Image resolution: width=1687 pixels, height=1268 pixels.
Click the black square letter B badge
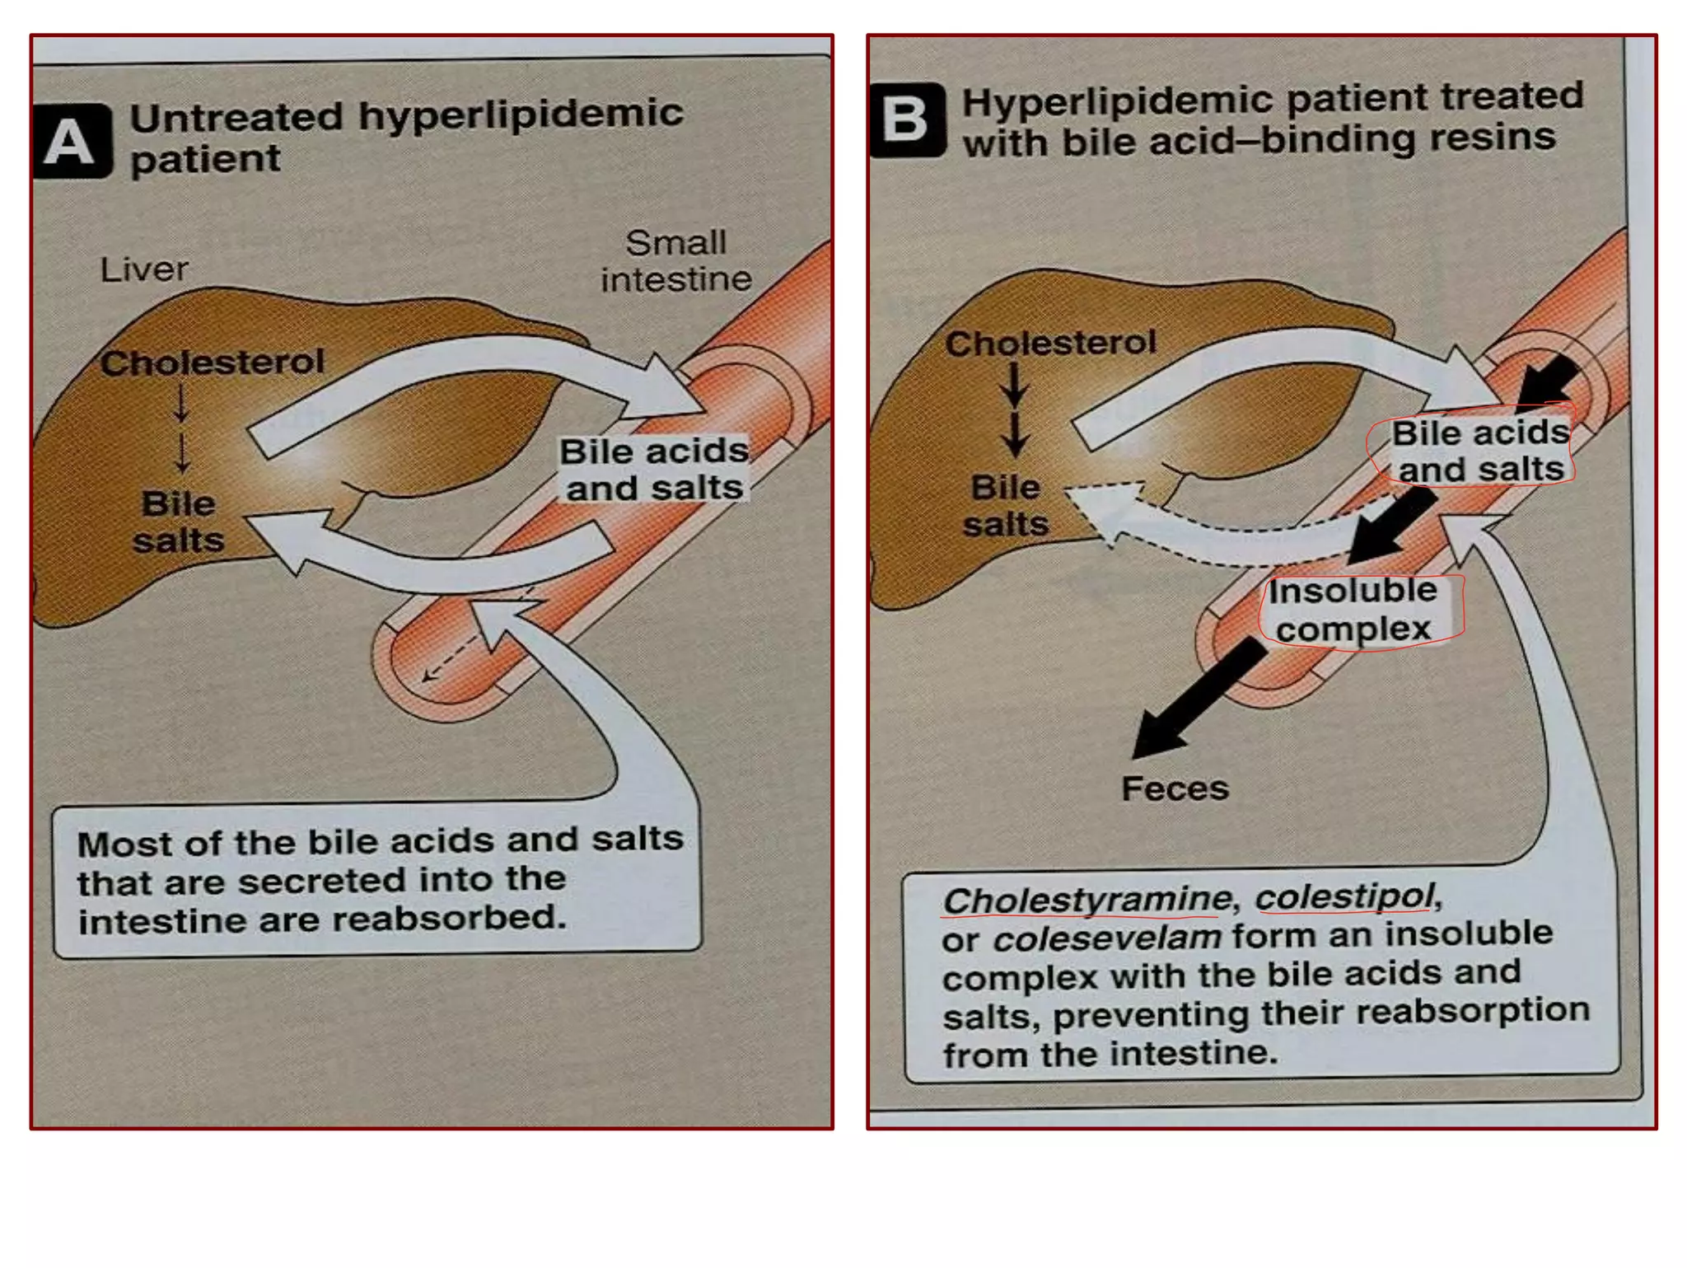907,120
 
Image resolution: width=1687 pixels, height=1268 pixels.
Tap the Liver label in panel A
144,269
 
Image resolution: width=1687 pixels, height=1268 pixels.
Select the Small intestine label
675,261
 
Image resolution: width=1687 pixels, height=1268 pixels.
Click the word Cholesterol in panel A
213,363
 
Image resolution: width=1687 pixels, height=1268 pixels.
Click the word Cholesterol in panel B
1050,344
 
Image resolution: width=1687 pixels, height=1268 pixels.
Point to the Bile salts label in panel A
178,522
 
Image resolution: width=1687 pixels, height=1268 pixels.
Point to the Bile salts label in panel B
1006,506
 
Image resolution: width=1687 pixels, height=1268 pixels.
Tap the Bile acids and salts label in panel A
654,470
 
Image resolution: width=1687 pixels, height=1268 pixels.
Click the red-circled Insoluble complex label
1353,611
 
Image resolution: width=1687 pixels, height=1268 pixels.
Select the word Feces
1175,789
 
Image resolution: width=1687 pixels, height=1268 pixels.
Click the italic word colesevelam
1106,938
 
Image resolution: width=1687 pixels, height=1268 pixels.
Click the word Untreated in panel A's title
236,117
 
